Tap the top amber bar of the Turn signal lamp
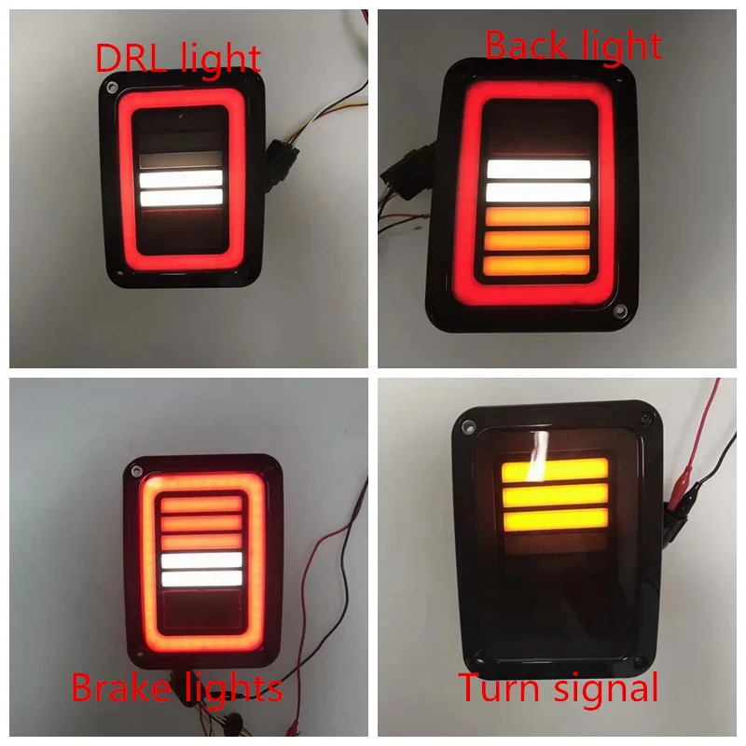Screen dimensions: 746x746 click(x=554, y=470)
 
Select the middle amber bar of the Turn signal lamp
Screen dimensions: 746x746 click(x=554, y=494)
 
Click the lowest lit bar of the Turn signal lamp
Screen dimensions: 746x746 click(x=554, y=519)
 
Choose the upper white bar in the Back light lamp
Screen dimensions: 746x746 click(x=539, y=169)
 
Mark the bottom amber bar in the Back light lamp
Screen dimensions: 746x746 click(x=539, y=264)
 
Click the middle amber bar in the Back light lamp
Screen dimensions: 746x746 click(x=539, y=240)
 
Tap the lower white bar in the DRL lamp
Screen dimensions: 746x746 click(x=181, y=197)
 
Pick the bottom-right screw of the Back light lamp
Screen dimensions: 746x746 click(x=617, y=308)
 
